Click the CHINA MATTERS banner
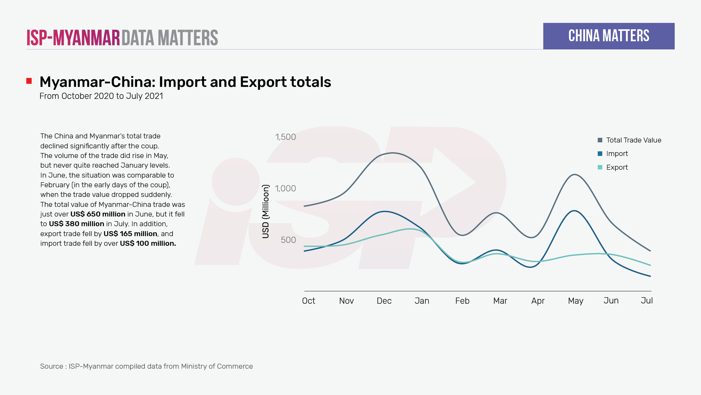click(609, 36)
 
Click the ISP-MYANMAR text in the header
click(73, 38)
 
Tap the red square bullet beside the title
click(29, 81)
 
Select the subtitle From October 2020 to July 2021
click(101, 96)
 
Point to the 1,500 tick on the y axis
click(285, 137)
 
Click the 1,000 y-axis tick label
click(285, 188)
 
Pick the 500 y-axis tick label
click(288, 240)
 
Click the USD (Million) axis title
click(266, 211)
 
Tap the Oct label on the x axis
click(308, 301)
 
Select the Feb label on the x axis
click(462, 301)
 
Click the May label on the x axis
click(575, 301)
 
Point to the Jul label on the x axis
click(647, 301)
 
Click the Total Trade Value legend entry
click(634, 140)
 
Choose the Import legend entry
click(617, 154)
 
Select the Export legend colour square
click(600, 167)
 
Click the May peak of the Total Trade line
click(575, 175)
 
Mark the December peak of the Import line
click(385, 211)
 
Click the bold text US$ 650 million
click(98, 214)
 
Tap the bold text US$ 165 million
click(130, 234)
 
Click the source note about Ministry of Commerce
click(146, 366)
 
